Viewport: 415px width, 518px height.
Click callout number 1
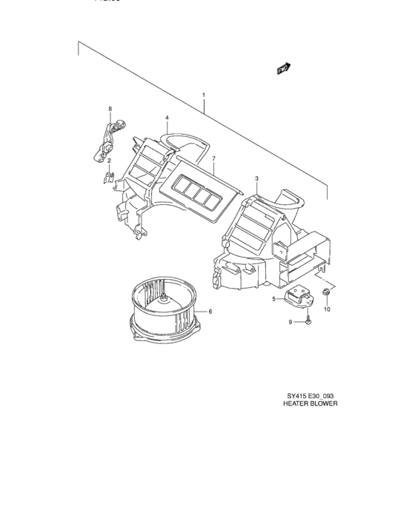pyautogui.click(x=203, y=95)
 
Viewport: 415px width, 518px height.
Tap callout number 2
pyautogui.click(x=109, y=161)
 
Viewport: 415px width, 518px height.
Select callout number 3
pyautogui.click(x=256, y=179)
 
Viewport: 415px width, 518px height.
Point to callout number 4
pyautogui.click(x=167, y=118)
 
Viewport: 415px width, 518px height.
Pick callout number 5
pyautogui.click(x=273, y=299)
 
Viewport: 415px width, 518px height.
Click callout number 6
pyautogui.click(x=210, y=311)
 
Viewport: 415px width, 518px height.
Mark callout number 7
pyautogui.click(x=213, y=159)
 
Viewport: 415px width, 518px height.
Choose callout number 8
pyautogui.click(x=110, y=110)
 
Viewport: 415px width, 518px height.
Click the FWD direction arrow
pyautogui.click(x=282, y=68)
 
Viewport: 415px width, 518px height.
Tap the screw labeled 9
pyautogui.click(x=308, y=321)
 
